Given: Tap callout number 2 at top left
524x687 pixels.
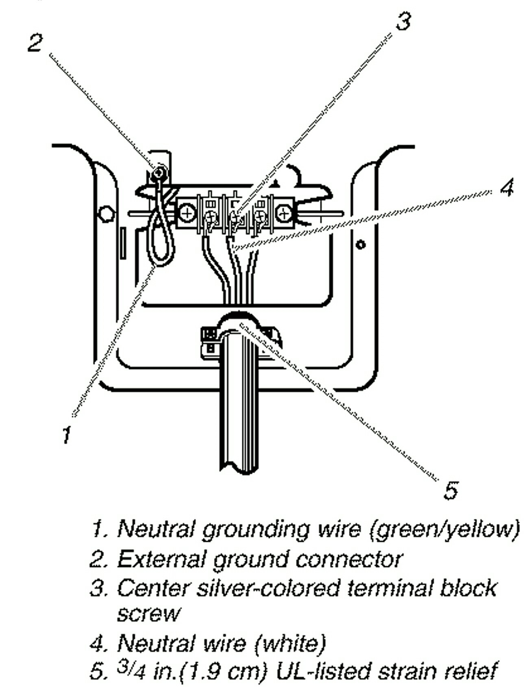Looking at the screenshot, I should tap(35, 42).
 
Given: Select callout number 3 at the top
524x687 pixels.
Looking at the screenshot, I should tap(403, 21).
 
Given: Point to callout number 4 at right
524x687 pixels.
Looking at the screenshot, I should tap(507, 188).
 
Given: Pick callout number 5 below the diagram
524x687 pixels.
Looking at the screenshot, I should tap(451, 490).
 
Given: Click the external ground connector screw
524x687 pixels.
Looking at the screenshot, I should tap(159, 174).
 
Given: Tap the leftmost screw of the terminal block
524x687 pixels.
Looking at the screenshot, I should tap(188, 212).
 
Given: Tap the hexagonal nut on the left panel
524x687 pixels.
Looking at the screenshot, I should tap(107, 214).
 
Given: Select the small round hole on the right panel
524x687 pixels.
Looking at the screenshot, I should tap(360, 244).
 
